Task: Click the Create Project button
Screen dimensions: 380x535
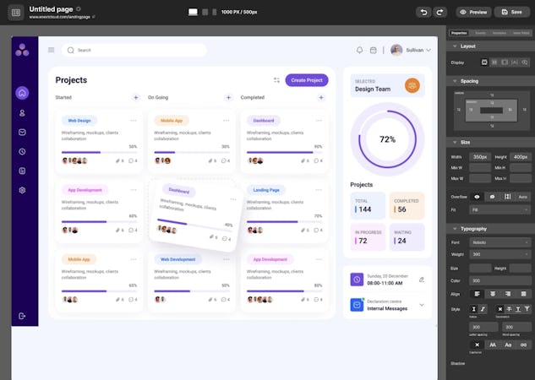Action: click(307, 80)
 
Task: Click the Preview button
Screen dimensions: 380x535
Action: click(474, 12)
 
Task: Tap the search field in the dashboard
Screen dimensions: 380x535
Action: click(135, 50)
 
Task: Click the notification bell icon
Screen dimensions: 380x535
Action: click(359, 50)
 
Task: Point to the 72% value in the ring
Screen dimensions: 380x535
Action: click(387, 139)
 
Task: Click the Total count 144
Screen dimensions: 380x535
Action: click(365, 209)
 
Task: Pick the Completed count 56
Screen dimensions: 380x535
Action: click(401, 209)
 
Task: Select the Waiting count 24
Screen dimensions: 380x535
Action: click(401, 241)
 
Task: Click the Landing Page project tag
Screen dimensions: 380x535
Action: click(266, 190)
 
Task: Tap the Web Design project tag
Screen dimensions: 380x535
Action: click(79, 121)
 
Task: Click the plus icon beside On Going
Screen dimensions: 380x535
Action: click(228, 97)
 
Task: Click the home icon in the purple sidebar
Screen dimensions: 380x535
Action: click(22, 93)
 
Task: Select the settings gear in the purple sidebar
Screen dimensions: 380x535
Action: click(22, 190)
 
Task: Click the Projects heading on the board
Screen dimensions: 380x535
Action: click(71, 80)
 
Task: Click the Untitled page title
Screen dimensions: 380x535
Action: click(51, 8)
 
